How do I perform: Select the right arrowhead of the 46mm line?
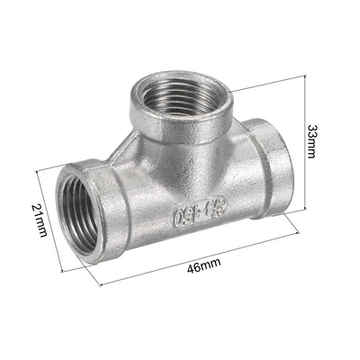[301, 237]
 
